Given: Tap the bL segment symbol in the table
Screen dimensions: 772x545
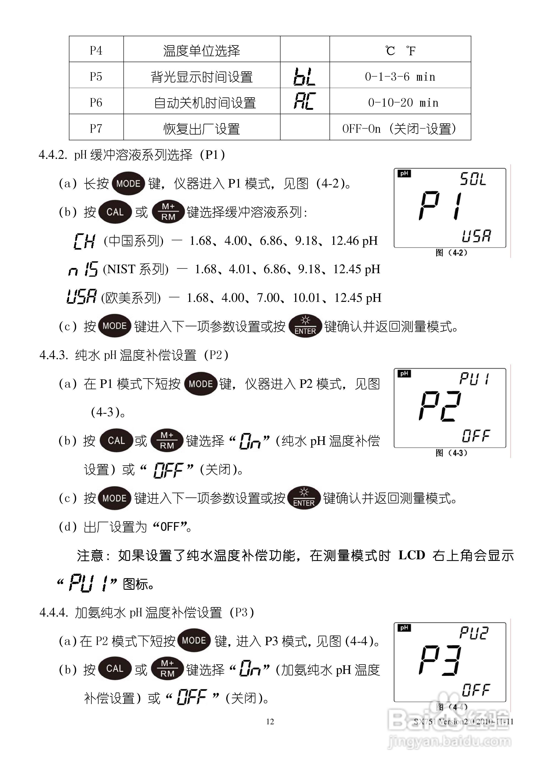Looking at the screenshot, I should (304, 77).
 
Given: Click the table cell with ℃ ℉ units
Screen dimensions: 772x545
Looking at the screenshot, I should (400, 50).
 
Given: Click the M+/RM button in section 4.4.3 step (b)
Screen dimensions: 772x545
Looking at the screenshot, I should (167, 441).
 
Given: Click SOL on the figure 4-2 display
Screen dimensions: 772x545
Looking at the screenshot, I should (473, 179).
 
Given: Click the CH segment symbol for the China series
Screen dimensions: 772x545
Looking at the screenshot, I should (84, 241).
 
